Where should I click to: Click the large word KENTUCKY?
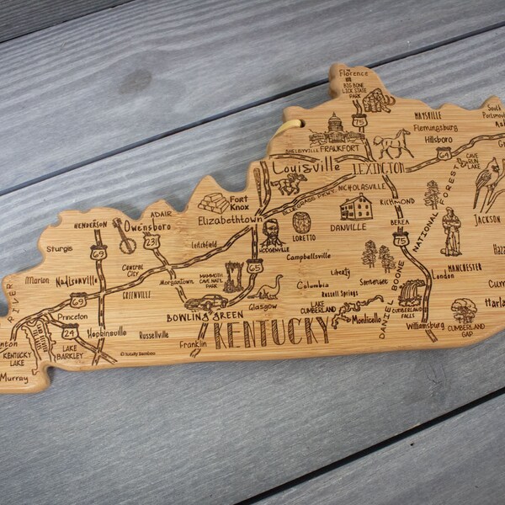click(x=270, y=332)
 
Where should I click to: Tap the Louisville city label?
click(x=300, y=167)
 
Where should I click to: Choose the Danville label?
click(x=348, y=226)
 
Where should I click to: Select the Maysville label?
click(x=428, y=115)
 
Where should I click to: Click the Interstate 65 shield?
click(x=255, y=267)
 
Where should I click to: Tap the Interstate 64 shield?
click(x=443, y=152)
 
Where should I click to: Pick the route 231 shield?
click(x=151, y=242)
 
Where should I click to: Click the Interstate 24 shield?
click(x=71, y=331)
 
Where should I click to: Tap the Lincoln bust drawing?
click(x=271, y=232)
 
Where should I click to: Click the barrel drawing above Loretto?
click(x=301, y=222)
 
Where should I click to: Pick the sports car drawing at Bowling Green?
click(x=206, y=302)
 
